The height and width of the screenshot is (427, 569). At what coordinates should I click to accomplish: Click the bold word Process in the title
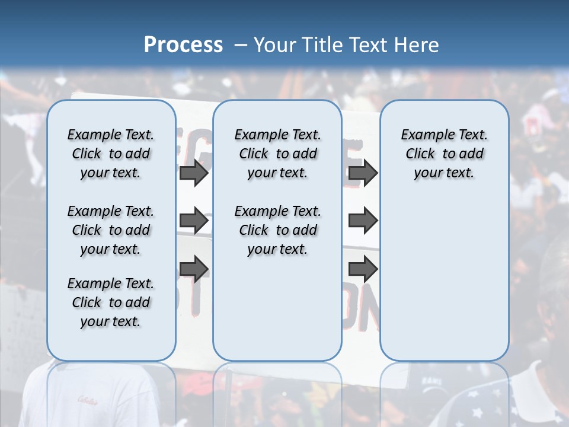183,44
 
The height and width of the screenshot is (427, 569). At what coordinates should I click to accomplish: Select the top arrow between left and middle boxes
194,173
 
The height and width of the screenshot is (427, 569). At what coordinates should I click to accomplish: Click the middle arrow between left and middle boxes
194,221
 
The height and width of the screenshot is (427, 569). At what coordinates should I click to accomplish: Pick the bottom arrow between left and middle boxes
194,269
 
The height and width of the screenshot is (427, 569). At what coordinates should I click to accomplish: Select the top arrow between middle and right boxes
363,173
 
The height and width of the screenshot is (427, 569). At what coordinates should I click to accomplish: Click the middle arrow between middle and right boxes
363,221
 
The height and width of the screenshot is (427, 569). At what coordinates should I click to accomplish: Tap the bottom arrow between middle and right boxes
363,269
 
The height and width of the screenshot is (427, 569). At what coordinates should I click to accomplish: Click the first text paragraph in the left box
111,154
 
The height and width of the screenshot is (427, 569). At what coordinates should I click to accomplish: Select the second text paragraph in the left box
111,230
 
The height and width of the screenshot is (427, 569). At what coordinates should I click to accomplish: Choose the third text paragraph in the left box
111,302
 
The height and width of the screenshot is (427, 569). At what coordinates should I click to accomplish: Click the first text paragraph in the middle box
277,154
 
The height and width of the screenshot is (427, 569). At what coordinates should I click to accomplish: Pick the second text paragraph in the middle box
277,230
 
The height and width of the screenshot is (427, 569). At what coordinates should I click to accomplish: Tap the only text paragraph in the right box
444,154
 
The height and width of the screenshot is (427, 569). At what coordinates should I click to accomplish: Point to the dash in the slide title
241,45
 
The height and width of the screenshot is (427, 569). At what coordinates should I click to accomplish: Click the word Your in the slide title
274,44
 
